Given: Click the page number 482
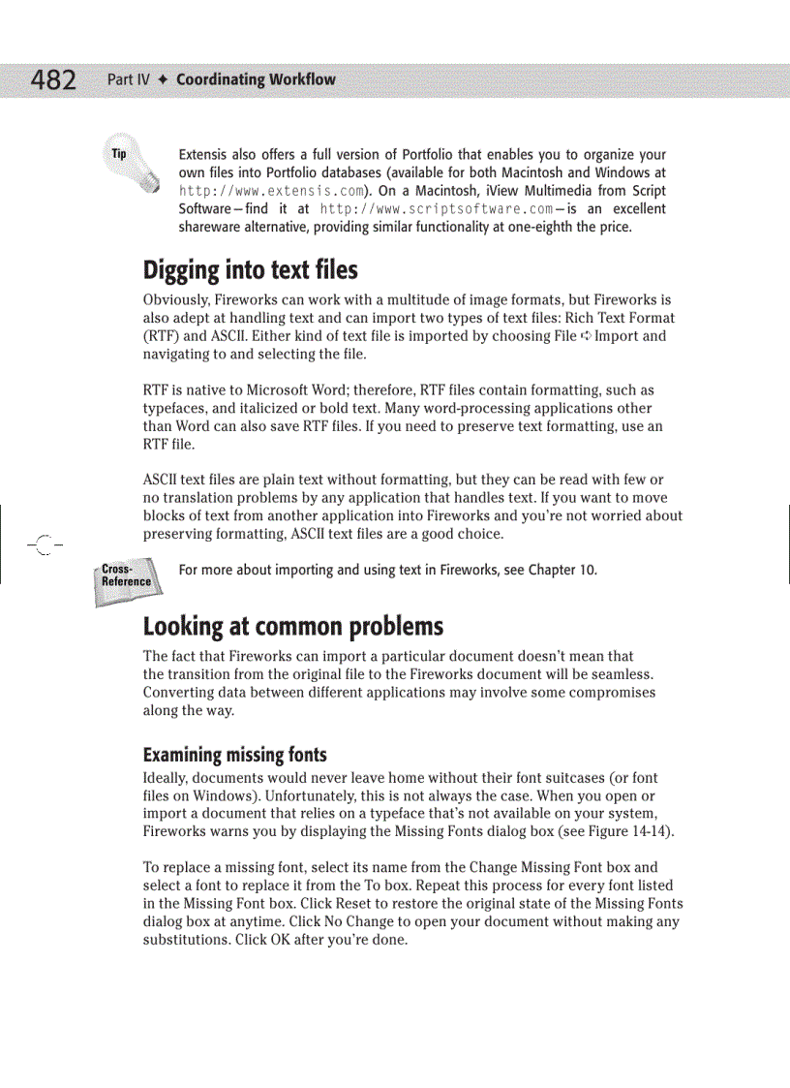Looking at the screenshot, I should [54, 79].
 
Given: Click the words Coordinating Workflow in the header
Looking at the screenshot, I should [256, 79].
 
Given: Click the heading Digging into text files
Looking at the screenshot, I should [250, 269].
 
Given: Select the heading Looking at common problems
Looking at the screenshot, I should [292, 626].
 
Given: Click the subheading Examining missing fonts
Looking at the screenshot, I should [234, 755].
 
